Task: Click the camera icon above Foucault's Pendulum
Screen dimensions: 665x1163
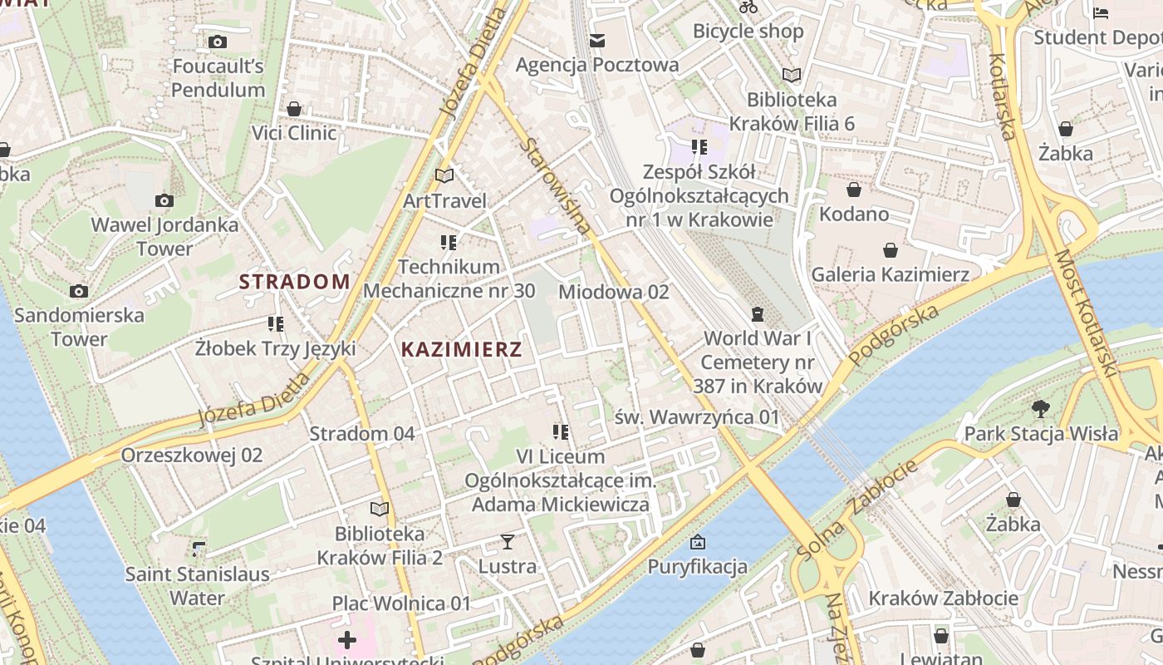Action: [218, 42]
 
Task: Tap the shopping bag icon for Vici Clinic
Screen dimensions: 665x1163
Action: [293, 109]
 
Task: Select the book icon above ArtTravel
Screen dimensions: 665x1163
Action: [444, 175]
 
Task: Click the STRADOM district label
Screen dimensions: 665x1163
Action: [295, 282]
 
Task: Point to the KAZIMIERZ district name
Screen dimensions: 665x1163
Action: [462, 350]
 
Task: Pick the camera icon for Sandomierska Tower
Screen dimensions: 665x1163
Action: [79, 291]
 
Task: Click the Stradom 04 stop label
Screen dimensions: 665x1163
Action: [362, 433]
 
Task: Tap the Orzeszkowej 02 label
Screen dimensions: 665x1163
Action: [192, 455]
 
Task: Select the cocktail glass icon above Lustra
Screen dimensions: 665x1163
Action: [507, 542]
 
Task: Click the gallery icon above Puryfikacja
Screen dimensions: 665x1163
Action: [698, 542]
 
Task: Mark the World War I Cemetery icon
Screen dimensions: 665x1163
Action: [757, 313]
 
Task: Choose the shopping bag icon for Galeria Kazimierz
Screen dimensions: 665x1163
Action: [890, 250]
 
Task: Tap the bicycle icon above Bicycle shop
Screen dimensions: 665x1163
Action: [748, 7]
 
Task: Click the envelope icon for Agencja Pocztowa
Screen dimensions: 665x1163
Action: [596, 40]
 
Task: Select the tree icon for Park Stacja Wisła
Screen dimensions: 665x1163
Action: [1040, 408]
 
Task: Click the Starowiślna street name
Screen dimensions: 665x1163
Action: [556, 186]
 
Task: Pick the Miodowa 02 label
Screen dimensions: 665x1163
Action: [613, 292]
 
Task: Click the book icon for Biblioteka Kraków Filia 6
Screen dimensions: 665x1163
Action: [792, 76]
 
